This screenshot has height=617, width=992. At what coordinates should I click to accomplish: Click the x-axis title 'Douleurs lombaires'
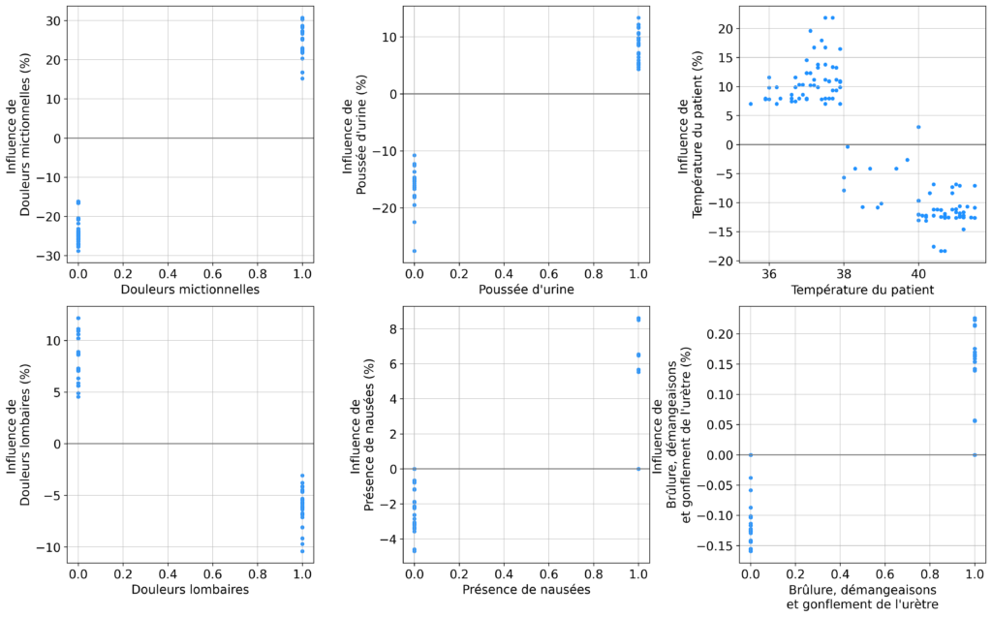[190, 588]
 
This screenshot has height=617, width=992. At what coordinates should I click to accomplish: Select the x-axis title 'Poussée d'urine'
[526, 290]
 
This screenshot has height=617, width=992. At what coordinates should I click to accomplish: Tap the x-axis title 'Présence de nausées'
[526, 588]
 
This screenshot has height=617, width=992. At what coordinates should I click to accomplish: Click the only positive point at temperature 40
[918, 127]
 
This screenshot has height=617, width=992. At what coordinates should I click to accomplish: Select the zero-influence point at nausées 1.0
[638, 469]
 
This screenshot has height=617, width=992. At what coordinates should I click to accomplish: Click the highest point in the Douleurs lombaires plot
[78, 319]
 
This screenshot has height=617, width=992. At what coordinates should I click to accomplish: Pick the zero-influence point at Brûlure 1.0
[975, 454]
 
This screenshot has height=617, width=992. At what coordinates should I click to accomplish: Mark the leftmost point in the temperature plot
[751, 104]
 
